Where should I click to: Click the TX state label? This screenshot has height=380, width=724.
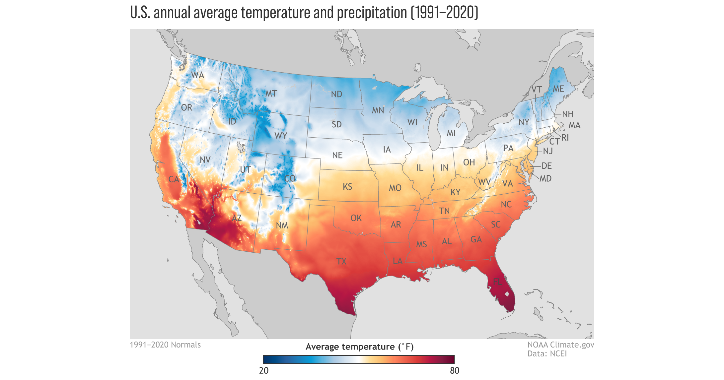coord(341,262)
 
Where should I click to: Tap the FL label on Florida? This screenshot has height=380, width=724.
coord(497,282)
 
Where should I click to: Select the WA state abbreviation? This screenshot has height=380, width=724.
coord(197,75)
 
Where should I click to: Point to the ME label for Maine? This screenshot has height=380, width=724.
coord(558,89)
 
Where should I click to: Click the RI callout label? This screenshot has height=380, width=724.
coord(565,138)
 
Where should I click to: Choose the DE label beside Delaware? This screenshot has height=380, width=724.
coord(546,166)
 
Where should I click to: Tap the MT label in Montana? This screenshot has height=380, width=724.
coord(271,94)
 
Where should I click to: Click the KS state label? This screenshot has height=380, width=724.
coord(347,187)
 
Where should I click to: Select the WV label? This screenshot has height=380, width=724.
coord(484,182)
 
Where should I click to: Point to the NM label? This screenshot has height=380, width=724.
coord(282,226)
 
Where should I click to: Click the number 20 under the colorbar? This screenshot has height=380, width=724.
coord(264,371)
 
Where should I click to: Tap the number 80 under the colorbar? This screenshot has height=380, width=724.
coord(455,371)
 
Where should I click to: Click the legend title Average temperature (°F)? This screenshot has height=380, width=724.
coord(359,347)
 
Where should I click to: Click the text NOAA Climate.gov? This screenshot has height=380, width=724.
coord(561,345)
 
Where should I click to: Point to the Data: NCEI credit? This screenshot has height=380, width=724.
coord(547,354)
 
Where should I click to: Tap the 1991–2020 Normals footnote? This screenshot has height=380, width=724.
coord(165,345)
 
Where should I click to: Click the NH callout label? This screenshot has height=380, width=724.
coord(568,114)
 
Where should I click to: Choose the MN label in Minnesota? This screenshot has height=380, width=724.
coord(378,110)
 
